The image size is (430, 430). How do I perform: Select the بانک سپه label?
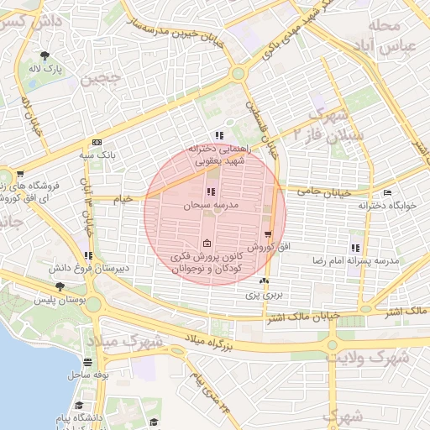click(97, 155)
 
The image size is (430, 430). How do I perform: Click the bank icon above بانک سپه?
click(97, 143)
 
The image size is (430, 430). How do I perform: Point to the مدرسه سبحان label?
click(206, 205)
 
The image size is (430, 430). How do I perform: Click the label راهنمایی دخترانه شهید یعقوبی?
click(218, 153)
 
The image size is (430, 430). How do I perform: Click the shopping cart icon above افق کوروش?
click(268, 234)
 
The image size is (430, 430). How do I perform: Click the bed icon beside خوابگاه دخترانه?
click(387, 193)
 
